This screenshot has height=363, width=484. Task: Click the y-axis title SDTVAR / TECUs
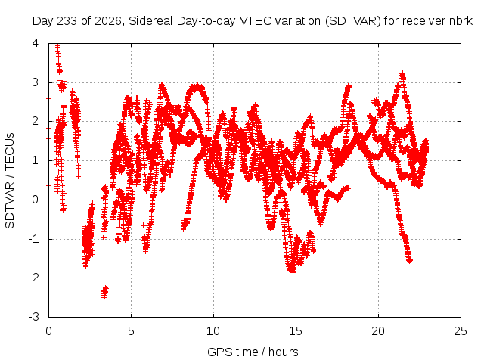tap(10, 181)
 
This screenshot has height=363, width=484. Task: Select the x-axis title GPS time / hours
tap(253, 352)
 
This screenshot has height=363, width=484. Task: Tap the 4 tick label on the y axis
tap(36, 43)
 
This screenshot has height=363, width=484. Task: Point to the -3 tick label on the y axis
tap(34, 317)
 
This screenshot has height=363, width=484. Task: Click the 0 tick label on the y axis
tap(36, 200)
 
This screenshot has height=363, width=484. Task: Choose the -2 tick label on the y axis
tap(34, 278)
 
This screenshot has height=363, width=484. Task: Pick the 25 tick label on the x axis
tap(461, 331)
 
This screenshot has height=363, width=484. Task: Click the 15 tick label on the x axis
tap(296, 331)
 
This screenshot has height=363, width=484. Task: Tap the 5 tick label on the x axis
tap(131, 331)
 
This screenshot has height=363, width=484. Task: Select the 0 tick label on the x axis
tap(48, 331)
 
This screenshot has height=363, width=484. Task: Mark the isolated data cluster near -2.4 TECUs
tap(105, 293)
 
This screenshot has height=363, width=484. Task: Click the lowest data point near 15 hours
tap(293, 271)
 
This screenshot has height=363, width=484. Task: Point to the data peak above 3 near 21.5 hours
tap(402, 75)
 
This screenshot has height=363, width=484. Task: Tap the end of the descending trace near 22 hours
tap(410, 261)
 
